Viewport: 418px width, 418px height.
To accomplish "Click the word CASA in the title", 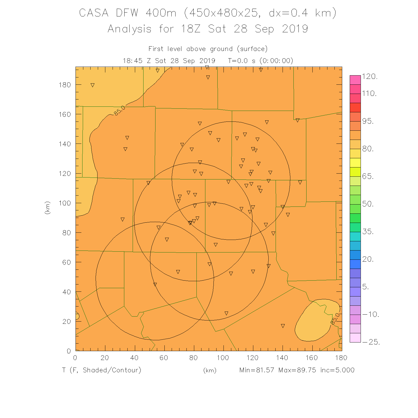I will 94,13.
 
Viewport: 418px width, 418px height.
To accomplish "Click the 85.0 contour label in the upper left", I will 120,111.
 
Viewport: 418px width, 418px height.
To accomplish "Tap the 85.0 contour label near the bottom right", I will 335,319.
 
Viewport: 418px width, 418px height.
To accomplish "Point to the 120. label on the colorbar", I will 370,77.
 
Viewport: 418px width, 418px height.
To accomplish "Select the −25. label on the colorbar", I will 371,342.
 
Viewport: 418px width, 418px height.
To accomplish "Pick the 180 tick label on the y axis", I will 65,85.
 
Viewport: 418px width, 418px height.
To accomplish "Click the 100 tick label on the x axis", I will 223,358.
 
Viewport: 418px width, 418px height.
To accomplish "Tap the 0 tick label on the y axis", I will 69,351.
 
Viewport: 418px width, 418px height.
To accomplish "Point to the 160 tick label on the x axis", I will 312,358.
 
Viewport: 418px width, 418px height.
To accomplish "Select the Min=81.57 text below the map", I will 257,370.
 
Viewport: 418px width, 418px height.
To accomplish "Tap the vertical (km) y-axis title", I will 48,208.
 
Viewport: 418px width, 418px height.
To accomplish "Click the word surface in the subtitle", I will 252,49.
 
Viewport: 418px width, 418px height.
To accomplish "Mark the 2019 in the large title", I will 295,29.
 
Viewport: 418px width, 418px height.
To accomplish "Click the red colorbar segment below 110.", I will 355,107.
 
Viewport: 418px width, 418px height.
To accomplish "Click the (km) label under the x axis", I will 210,370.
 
